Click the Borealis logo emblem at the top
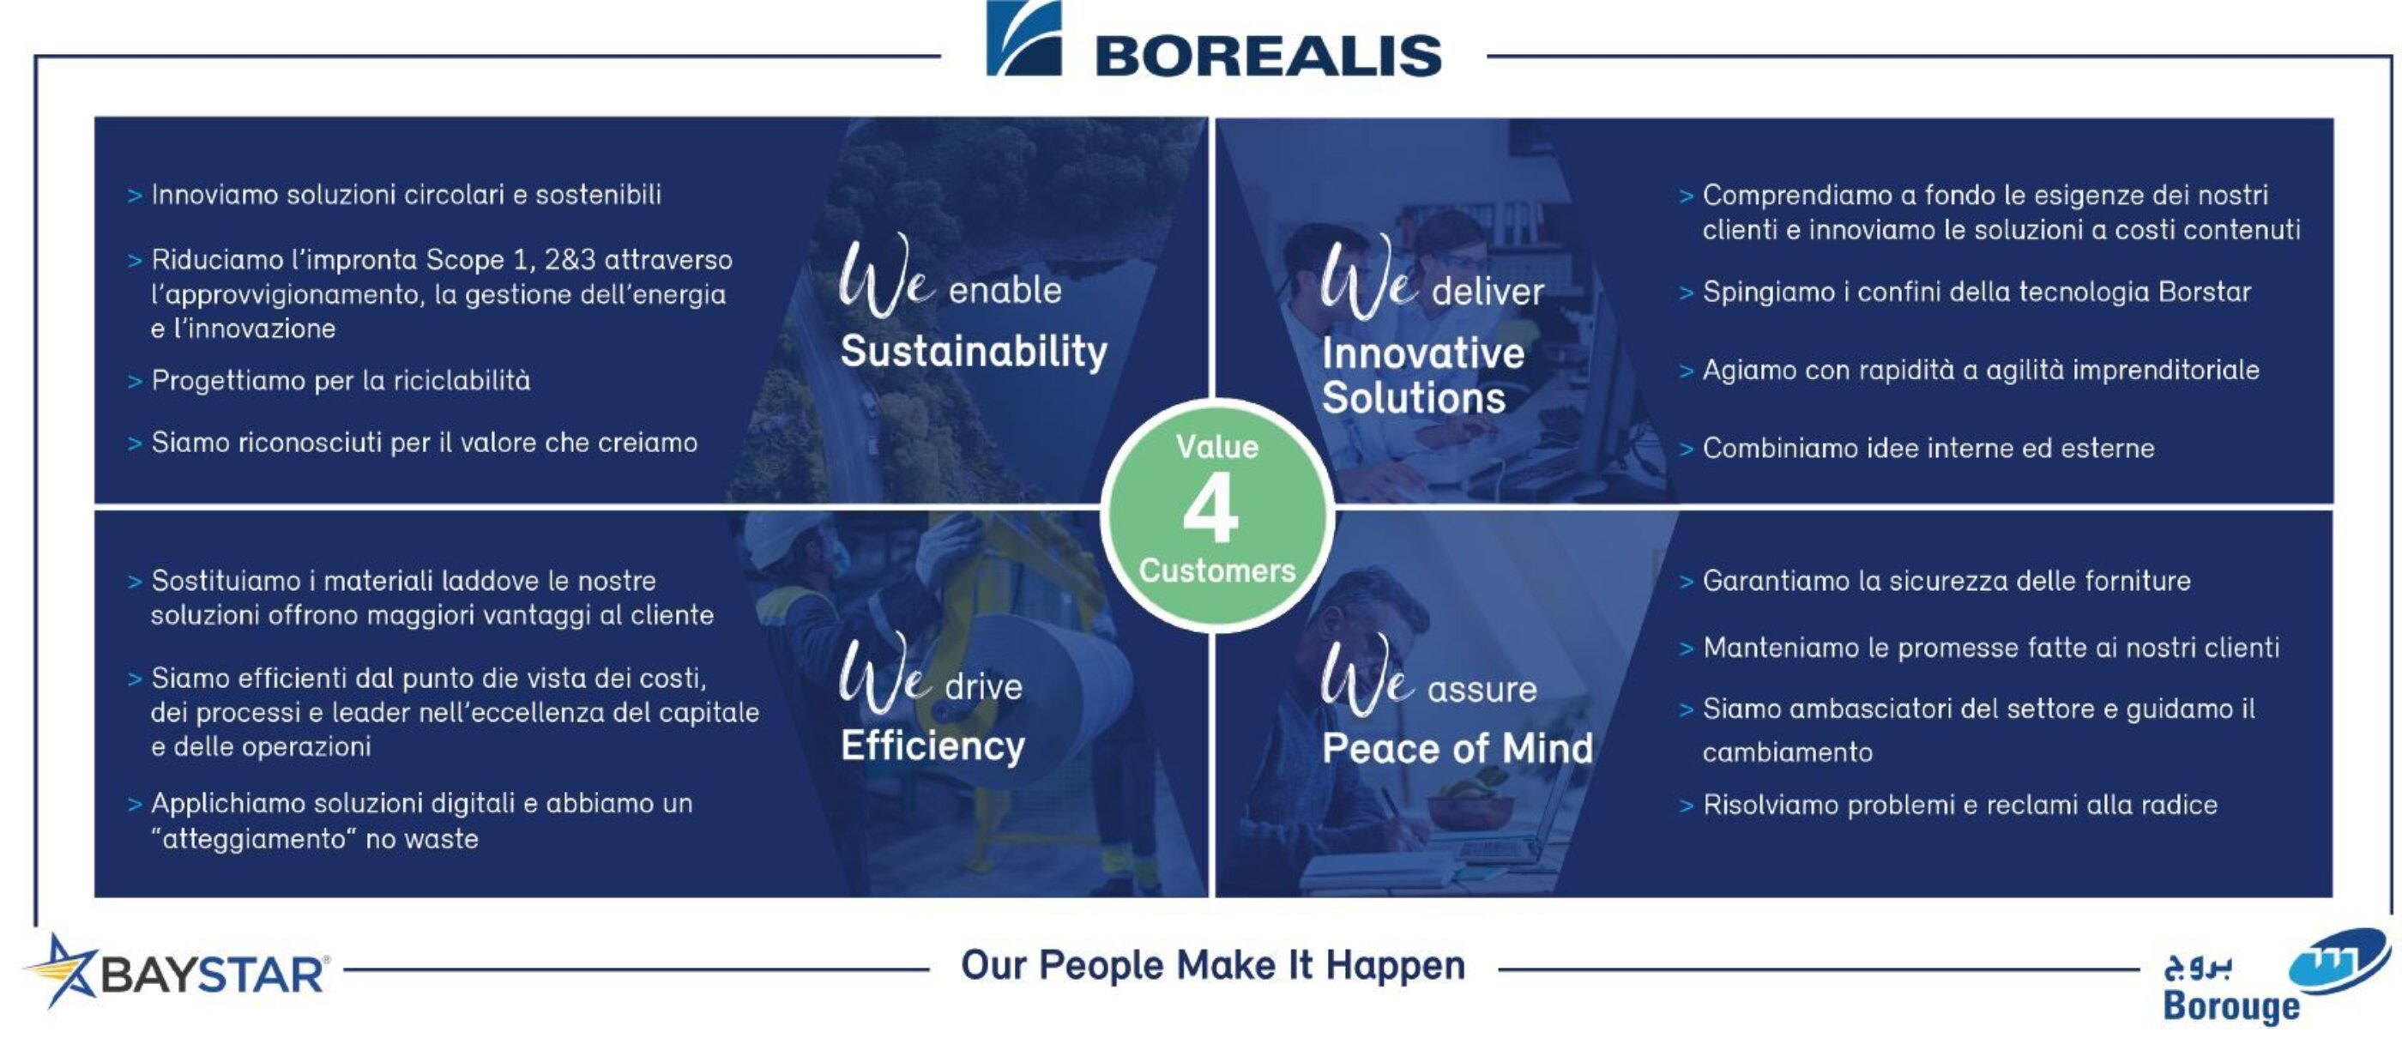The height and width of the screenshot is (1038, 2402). (1023, 39)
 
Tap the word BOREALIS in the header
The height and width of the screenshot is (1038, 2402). (1268, 56)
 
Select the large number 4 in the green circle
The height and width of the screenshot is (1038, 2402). (1211, 507)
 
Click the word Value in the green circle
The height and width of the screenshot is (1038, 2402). (1216, 447)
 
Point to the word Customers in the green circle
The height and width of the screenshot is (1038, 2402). (1216, 570)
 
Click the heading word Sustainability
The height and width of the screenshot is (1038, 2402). (974, 353)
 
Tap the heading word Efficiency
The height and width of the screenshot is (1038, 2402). (932, 746)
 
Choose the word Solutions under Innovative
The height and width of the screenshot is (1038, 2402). (1414, 398)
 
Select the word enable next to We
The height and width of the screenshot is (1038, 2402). (1005, 291)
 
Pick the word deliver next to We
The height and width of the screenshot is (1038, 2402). (1488, 292)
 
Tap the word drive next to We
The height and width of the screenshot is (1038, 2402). (984, 687)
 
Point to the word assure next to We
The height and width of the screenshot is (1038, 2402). (1482, 690)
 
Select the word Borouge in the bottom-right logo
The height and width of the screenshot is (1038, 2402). (2231, 1006)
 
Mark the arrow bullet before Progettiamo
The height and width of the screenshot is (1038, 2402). (135, 382)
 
